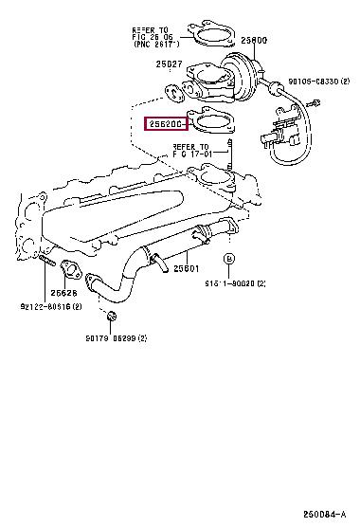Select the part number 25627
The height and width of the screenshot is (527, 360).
point(170,64)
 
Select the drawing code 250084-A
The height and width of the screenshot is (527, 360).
point(328,513)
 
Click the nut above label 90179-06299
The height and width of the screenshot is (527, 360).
point(111,315)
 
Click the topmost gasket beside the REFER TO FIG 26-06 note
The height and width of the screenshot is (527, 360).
point(215,40)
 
